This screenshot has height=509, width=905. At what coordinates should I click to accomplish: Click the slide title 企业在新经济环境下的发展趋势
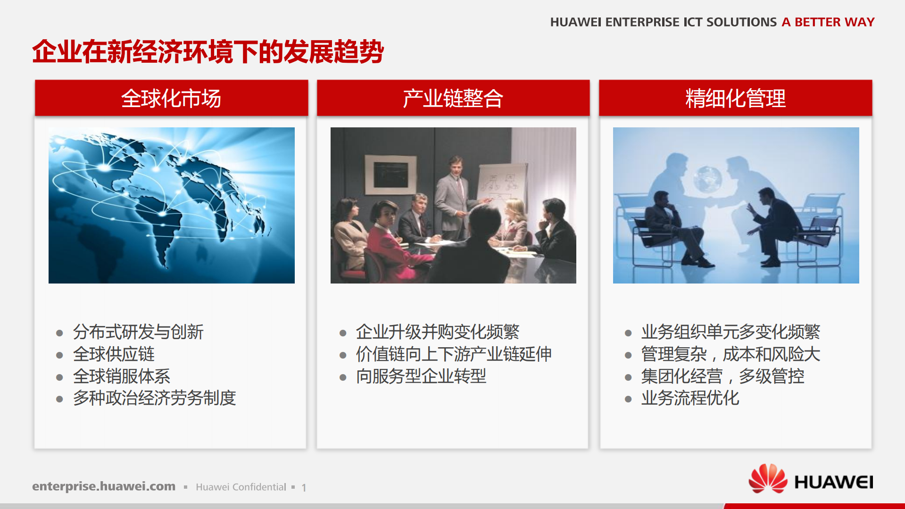tap(208, 52)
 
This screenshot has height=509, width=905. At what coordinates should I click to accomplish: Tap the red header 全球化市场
tap(171, 98)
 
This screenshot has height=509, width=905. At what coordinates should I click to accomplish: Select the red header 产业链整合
tap(453, 98)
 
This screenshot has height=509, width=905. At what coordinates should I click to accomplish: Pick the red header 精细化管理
tap(735, 98)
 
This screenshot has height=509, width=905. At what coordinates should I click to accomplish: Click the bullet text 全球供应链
tap(114, 354)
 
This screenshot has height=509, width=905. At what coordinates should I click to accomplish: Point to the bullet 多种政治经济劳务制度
tap(154, 398)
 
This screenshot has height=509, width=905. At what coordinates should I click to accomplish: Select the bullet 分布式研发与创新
tap(138, 332)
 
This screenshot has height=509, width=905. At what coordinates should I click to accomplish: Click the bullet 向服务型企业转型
tap(421, 376)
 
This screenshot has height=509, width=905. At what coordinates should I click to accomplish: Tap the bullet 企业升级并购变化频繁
tap(437, 332)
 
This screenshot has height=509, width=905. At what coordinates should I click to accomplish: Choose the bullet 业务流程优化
tap(690, 398)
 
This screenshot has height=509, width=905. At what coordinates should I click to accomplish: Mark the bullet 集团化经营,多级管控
tap(722, 376)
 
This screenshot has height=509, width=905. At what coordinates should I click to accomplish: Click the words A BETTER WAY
tap(828, 22)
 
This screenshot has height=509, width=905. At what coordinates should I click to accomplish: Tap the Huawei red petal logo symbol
tap(767, 479)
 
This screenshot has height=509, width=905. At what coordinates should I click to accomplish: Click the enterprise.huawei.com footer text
tap(104, 486)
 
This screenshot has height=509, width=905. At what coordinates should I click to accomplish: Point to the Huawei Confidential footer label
tap(241, 487)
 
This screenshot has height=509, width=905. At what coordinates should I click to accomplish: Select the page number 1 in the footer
tap(304, 488)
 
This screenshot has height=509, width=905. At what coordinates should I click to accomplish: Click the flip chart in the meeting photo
tap(501, 186)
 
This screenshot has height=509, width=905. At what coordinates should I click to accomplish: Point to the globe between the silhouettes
tap(707, 179)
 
